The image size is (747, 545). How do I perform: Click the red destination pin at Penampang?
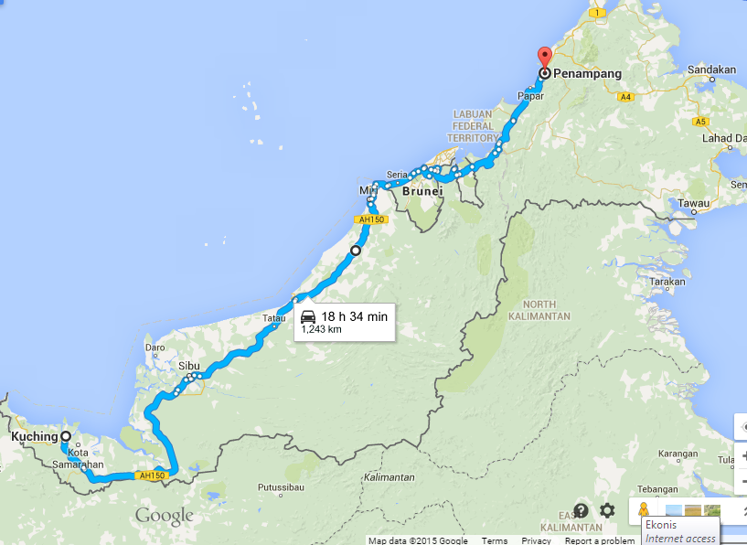pos(544,57)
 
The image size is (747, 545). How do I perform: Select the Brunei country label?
pos(422,192)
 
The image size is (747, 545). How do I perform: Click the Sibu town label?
pos(189,366)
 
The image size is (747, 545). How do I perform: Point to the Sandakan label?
pos(711,69)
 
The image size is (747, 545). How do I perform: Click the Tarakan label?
pos(667,283)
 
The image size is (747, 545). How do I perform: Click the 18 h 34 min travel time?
pos(355,316)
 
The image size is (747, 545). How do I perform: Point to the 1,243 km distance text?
pos(322,330)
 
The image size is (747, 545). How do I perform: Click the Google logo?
pos(165,516)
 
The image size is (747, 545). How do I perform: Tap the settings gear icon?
pos(607,510)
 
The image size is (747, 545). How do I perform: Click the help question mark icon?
pos(581,510)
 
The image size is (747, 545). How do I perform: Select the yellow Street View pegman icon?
pos(644,510)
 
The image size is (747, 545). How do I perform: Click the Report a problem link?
pos(599,540)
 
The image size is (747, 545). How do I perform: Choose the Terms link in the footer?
pos(495,540)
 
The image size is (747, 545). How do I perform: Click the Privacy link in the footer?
pos(536,540)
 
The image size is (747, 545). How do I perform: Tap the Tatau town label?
pos(273,318)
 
